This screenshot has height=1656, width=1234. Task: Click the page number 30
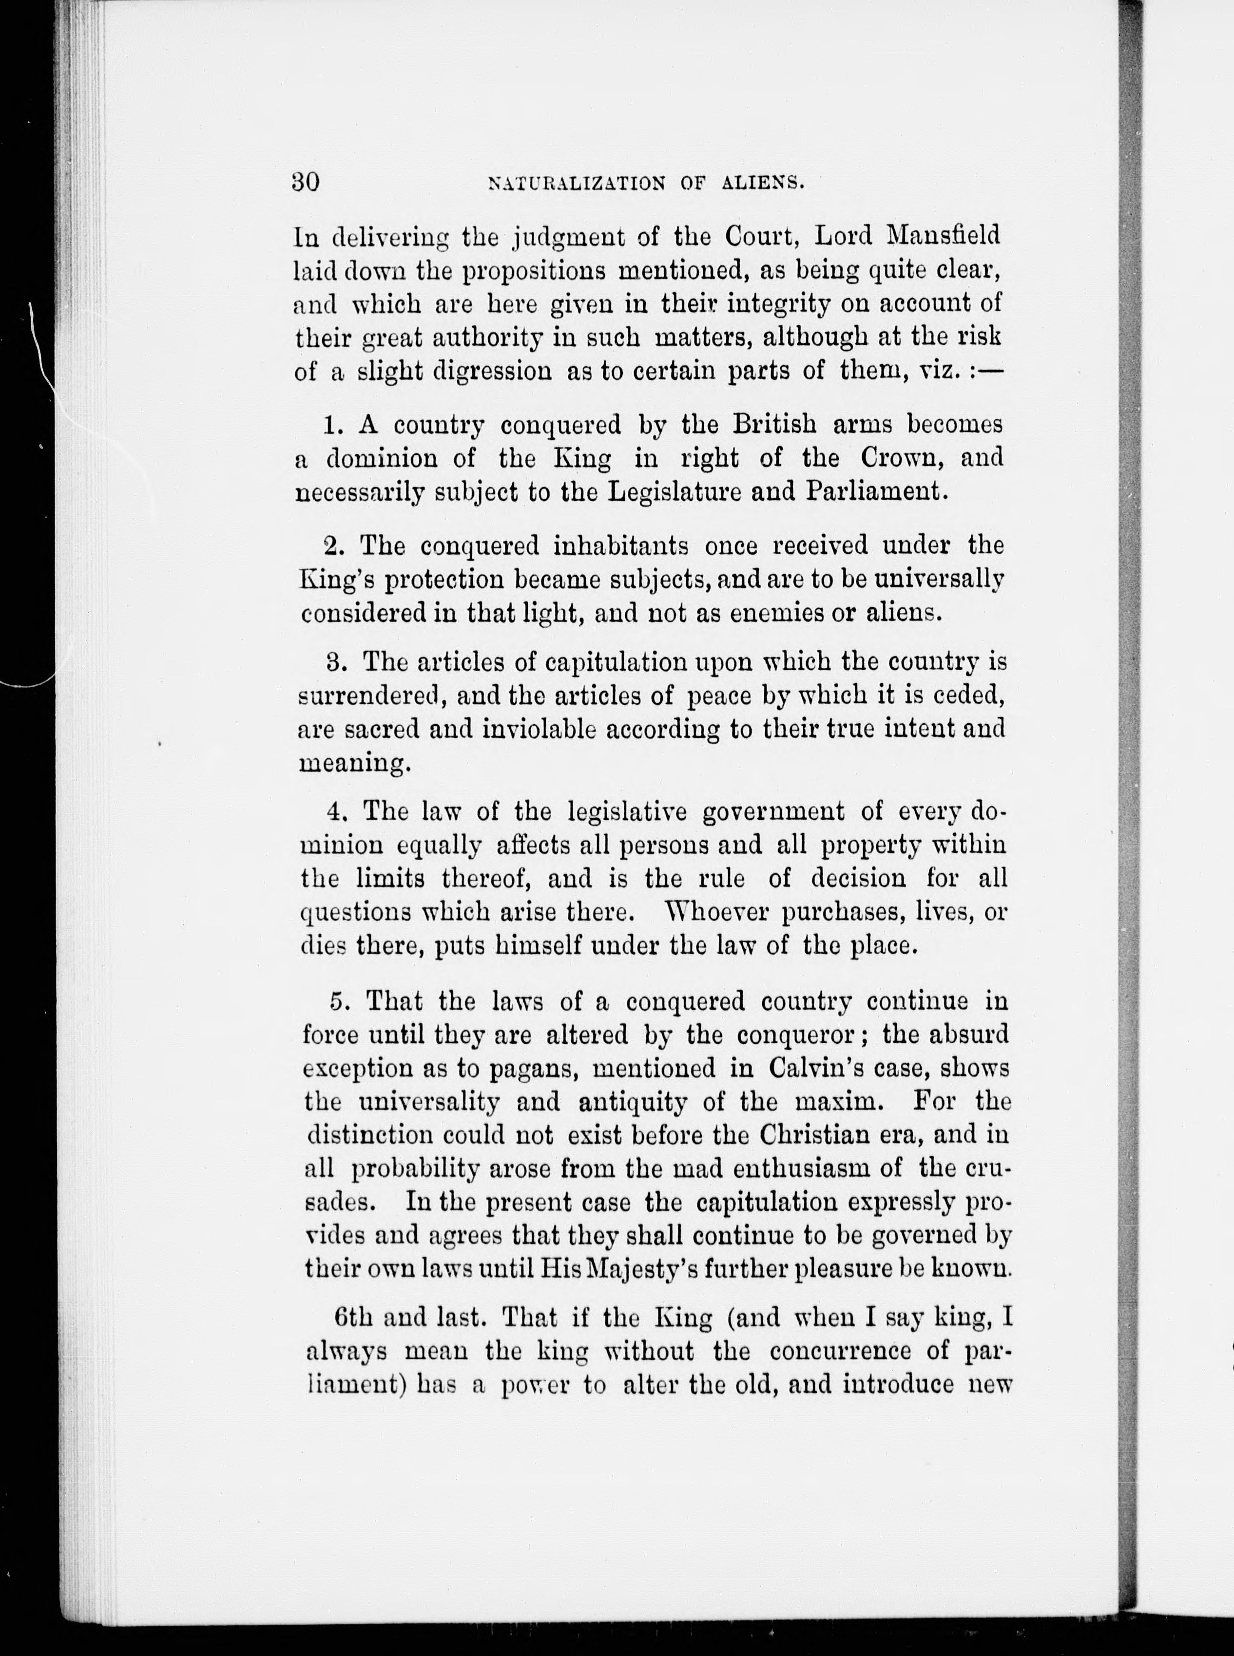pyautogui.click(x=306, y=182)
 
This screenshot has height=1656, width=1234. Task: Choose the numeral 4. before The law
pyautogui.click(x=334, y=811)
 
